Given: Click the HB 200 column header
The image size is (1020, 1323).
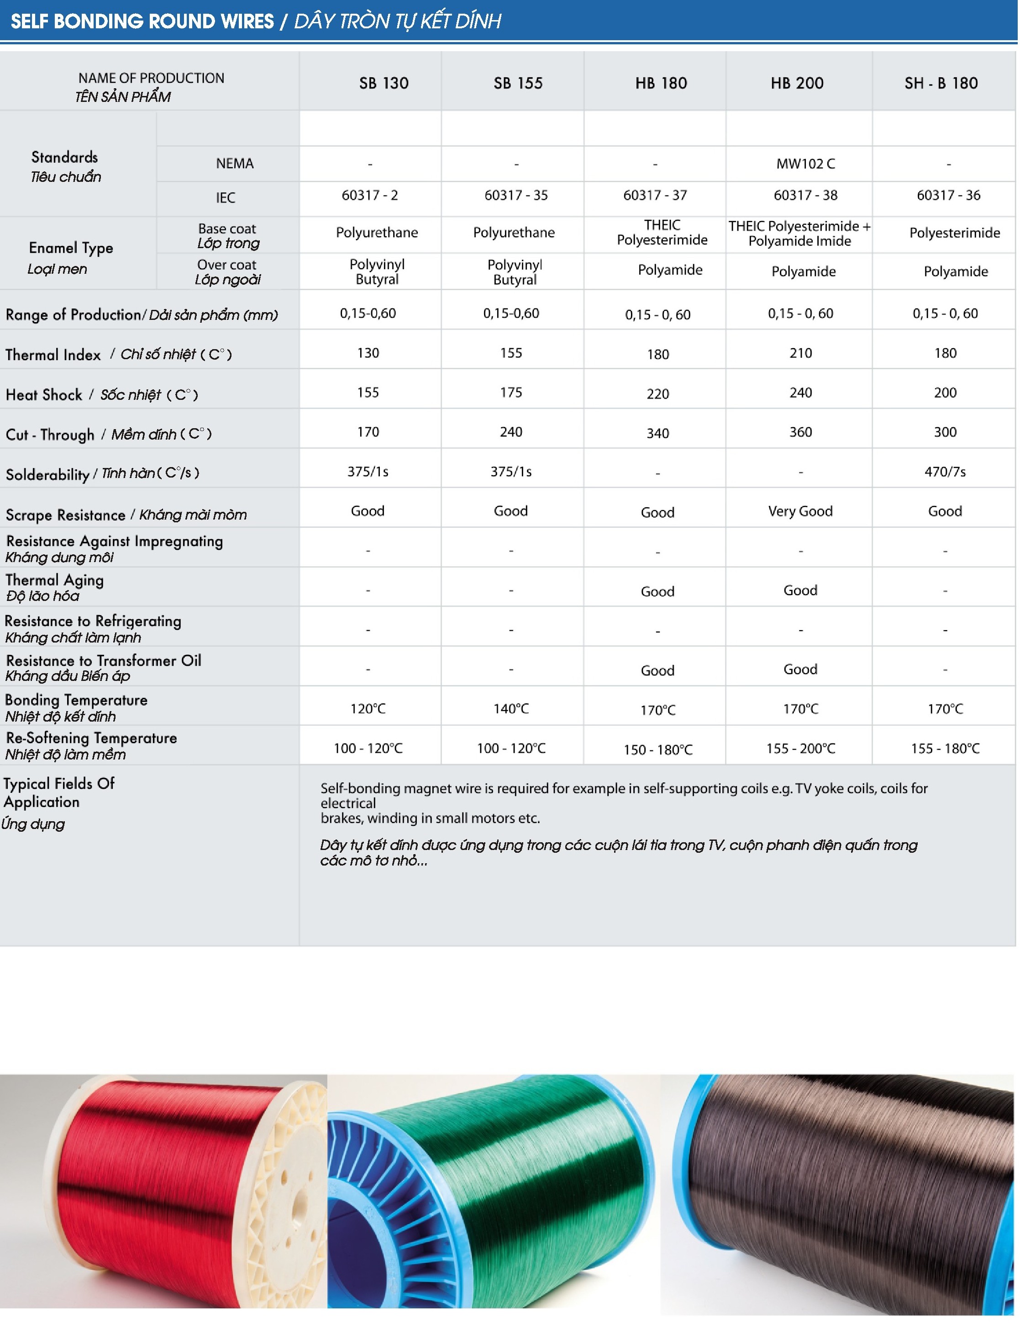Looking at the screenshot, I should coord(797,83).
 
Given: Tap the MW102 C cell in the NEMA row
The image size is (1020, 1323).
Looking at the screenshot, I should coord(805,164).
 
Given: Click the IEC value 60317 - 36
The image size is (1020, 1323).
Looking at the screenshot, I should coord(948,195).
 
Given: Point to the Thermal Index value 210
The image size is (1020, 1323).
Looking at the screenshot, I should coord(800,353).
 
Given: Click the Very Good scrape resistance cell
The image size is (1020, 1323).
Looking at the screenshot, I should coord(800,511).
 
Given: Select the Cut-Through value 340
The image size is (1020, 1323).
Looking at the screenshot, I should coord(657,433).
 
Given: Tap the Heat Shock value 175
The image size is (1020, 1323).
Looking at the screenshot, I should coord(511,393).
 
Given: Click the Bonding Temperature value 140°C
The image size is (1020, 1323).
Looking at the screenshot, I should coord(511,709).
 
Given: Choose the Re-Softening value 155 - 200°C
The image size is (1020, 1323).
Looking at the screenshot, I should coord(800,749).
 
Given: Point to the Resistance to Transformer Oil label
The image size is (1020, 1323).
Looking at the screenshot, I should coord(103,667).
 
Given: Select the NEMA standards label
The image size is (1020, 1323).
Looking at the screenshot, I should coord(234,164).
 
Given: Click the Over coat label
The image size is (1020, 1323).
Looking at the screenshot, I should coord(227,271).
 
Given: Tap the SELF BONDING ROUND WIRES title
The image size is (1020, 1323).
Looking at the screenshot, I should coord(142,21).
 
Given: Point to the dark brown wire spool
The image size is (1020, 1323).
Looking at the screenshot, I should coord(847,1181).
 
